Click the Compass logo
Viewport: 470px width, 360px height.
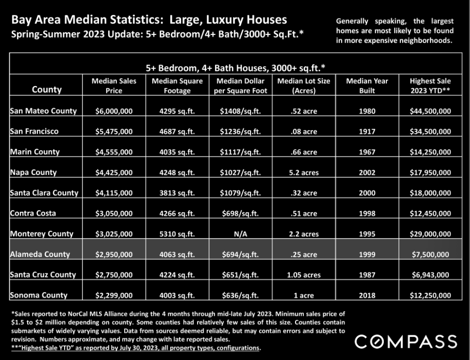tap(406, 342)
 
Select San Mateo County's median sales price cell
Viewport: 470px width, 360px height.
tap(114, 111)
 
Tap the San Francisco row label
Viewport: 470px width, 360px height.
tap(34, 131)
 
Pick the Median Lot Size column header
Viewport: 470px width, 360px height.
tap(304, 86)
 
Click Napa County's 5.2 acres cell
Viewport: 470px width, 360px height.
tap(304, 172)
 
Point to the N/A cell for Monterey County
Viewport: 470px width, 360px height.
tap(241, 234)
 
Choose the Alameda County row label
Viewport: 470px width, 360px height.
tap(40, 254)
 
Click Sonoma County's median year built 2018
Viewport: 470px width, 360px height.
tap(367, 295)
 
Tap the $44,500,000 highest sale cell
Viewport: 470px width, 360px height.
tap(430, 111)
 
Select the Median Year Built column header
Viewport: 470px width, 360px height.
tap(367, 86)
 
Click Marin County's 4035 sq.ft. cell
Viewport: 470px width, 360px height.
tap(177, 152)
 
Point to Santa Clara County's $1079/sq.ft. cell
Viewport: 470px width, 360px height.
tap(241, 193)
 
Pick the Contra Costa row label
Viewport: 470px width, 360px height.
tap(33, 213)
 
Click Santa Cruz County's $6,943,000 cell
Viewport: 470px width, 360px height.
tap(430, 275)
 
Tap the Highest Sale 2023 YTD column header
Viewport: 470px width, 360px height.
tap(430, 86)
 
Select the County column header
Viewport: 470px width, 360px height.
tap(47, 90)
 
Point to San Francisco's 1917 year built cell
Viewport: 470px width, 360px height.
tap(367, 131)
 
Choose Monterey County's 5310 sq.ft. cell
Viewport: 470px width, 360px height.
tap(177, 234)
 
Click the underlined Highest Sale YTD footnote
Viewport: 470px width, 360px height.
tap(136, 348)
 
